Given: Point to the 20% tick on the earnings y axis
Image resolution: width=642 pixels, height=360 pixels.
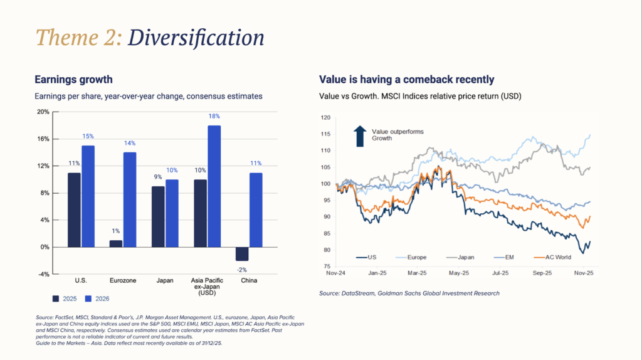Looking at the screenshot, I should (x=43, y=112).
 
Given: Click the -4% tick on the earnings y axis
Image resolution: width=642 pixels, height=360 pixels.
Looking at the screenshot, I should (x=43, y=275).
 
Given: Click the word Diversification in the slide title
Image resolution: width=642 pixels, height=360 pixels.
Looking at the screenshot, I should (x=196, y=38).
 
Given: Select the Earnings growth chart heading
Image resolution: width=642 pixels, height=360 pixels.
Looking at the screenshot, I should (x=73, y=80).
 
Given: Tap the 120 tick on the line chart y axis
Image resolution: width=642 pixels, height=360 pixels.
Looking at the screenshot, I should (x=325, y=117).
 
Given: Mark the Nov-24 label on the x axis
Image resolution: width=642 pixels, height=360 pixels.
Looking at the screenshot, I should (x=337, y=273).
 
